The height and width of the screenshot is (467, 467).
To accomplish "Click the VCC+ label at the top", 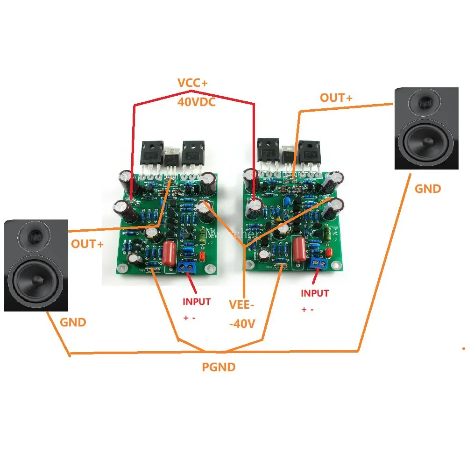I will pyautogui.click(x=194, y=83).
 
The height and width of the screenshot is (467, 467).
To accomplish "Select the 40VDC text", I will pyautogui.click(x=196, y=102).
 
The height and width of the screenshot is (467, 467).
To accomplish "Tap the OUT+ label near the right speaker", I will pyautogui.click(x=336, y=98).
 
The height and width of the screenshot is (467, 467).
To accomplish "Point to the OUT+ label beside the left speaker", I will pyautogui.click(x=87, y=244).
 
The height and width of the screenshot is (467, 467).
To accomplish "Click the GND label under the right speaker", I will pyautogui.click(x=427, y=189).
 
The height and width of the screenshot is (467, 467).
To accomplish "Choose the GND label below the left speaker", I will pyautogui.click(x=73, y=322).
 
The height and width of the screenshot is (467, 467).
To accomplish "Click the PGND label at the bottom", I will pyautogui.click(x=219, y=367).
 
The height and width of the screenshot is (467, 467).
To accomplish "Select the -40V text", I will pyautogui.click(x=241, y=324).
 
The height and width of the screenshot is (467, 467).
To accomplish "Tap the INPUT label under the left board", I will pyautogui.click(x=196, y=302).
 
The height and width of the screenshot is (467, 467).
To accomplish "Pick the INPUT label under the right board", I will pyautogui.click(x=314, y=293).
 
